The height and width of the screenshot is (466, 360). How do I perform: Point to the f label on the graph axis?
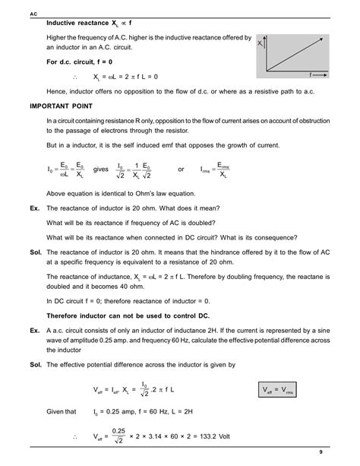[311, 76]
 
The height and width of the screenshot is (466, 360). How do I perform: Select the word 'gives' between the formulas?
[101, 170]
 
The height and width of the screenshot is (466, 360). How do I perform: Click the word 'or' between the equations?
[181, 170]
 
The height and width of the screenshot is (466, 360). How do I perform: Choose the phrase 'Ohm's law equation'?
[163, 194]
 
